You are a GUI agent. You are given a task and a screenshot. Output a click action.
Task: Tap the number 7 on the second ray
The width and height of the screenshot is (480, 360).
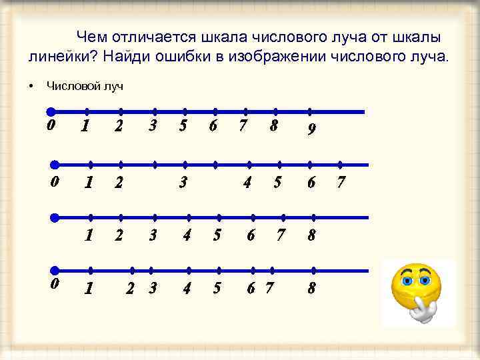[x=341, y=181]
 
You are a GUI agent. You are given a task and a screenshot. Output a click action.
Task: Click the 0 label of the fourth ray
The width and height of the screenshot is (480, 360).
[x=55, y=283]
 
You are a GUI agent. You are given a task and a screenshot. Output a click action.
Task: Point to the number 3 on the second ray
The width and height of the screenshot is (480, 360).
[x=182, y=181]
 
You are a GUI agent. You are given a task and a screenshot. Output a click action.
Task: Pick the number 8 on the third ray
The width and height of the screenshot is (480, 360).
[x=311, y=235]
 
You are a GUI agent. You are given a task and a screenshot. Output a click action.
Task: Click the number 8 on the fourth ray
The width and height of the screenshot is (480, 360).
[x=311, y=289]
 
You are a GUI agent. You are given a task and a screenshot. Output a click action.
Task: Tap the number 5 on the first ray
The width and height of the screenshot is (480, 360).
[x=183, y=126]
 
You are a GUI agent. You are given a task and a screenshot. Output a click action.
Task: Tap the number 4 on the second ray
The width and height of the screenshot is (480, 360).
[x=247, y=181]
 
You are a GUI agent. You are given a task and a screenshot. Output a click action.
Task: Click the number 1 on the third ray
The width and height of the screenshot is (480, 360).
[x=87, y=235]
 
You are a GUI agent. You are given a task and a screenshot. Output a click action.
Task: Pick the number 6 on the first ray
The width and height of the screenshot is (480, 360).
[x=213, y=126]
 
